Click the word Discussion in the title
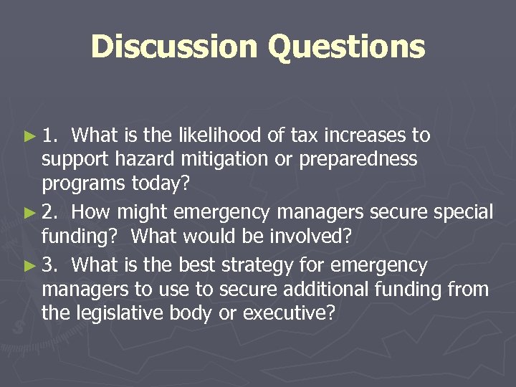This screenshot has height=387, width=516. tap(173, 47)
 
